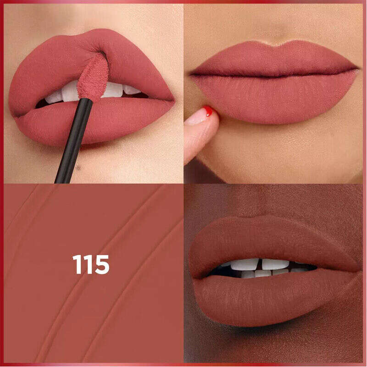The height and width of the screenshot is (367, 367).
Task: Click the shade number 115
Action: coord(91,265)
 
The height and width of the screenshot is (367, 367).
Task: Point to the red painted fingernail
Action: coord(208,111)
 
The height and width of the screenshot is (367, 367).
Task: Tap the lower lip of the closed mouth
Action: coord(276,98)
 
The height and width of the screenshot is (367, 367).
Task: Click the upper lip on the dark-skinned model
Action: coord(274,244)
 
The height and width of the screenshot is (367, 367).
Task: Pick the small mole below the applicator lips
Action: coord(78,167)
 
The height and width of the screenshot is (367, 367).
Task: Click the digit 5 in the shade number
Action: coord(102,265)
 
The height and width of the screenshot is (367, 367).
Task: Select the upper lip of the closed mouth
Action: coord(274,59)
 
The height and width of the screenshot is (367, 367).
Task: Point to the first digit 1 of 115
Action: coord(77,265)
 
